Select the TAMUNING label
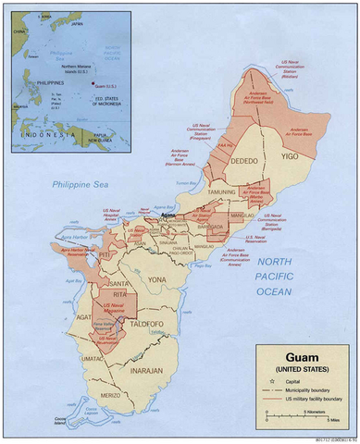pyautogui.click(x=222, y=192)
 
